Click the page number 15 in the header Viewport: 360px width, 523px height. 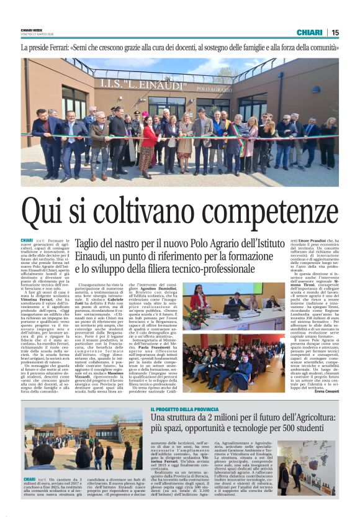coord(335,32)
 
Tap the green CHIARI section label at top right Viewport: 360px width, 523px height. coord(309,32)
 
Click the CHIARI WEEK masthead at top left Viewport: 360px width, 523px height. coord(30,29)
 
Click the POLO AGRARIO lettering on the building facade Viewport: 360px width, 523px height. coord(214,89)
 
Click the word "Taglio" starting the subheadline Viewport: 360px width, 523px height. coord(89,244)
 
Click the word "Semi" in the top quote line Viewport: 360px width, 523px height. coord(80,47)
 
